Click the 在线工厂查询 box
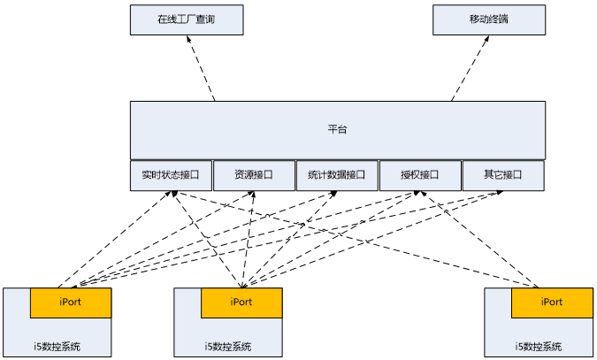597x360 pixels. [x=187, y=19]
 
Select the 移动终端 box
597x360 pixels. [x=489, y=19]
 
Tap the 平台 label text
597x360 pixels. [x=337, y=130]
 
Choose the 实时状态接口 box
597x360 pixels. [x=171, y=175]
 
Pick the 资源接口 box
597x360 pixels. [x=254, y=175]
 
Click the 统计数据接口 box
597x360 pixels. [x=337, y=175]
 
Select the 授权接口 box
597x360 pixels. [x=420, y=175]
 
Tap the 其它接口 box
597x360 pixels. [x=503, y=175]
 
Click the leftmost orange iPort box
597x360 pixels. [x=71, y=303]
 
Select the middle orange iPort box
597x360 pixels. [x=241, y=303]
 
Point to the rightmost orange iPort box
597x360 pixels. [x=552, y=303]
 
